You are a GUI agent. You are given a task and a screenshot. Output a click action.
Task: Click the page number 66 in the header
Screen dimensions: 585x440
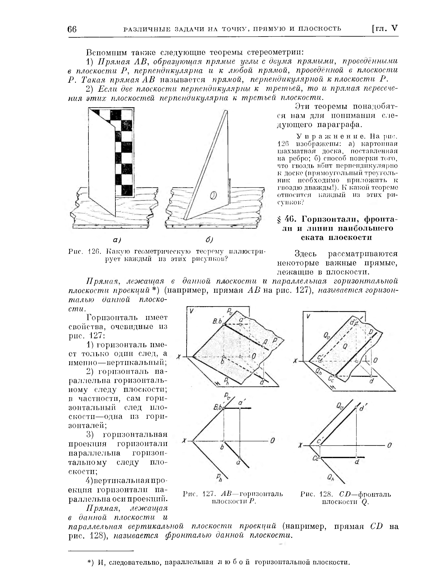coord(72,29)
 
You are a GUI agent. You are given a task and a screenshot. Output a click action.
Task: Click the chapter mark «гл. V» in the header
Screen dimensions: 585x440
coord(385,28)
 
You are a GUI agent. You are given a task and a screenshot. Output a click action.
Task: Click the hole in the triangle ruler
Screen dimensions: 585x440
coord(213,195)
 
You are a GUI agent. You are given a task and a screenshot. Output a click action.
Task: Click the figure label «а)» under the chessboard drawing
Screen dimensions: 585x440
coord(117,240)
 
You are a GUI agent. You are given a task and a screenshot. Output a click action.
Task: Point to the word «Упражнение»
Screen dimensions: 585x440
coord(331,136)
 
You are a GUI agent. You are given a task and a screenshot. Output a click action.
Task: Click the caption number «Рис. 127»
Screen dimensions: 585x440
coord(200,494)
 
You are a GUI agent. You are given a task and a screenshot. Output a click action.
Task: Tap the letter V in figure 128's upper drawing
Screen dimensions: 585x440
coord(308,316)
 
